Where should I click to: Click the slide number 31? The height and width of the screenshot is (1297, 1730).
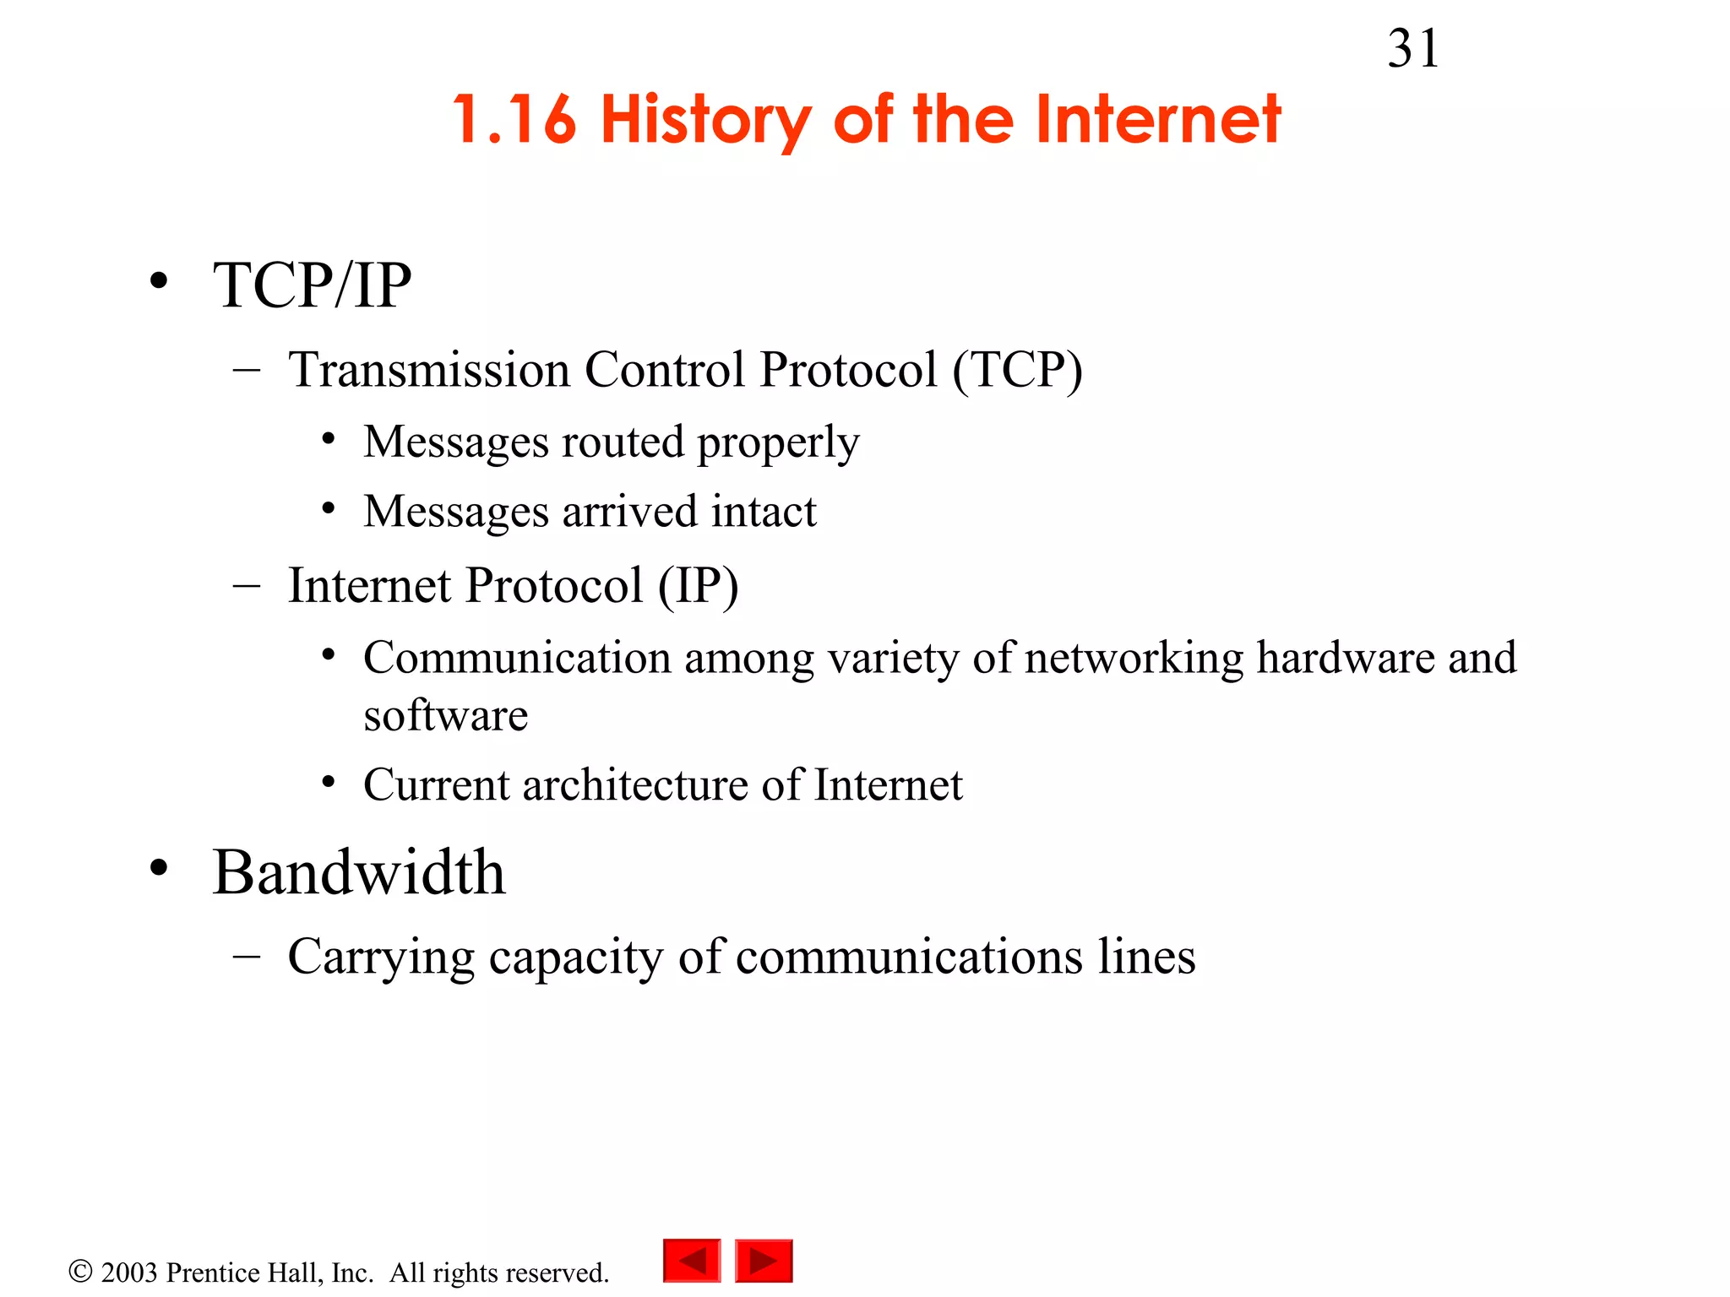(x=1412, y=49)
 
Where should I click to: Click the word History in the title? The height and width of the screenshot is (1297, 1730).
(x=705, y=120)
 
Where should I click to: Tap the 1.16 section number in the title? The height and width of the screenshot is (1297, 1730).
(x=514, y=120)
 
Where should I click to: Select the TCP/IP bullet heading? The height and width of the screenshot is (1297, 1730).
(x=312, y=285)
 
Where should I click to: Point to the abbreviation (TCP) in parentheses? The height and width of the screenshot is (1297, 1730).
(x=1017, y=370)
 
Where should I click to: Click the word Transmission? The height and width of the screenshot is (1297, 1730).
(x=429, y=370)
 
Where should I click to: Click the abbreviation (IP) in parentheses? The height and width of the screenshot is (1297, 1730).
(x=698, y=585)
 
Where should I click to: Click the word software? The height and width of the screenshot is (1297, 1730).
(x=445, y=715)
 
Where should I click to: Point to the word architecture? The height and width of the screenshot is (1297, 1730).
(x=635, y=784)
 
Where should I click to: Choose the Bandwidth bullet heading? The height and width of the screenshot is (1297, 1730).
(x=358, y=871)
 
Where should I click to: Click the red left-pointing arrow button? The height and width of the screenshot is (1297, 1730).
(x=692, y=1261)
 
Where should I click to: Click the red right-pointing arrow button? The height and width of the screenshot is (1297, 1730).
(x=764, y=1261)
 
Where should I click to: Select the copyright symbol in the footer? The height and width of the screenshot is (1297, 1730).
(x=80, y=1272)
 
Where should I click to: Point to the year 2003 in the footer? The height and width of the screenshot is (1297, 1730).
(x=129, y=1273)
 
